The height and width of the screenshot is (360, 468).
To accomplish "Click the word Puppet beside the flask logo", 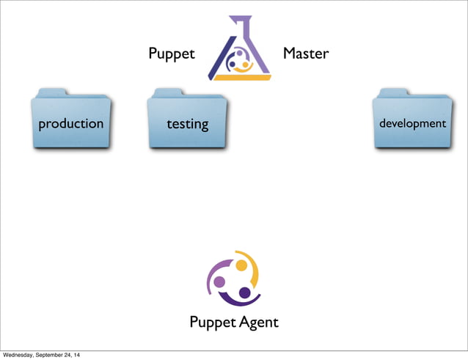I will click(171, 55).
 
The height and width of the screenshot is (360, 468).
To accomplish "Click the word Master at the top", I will click(306, 54).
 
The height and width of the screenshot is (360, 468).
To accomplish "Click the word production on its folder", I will click(71, 124).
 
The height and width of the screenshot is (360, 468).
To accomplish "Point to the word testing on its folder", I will click(187, 125).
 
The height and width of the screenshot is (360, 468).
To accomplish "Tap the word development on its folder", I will click(412, 124).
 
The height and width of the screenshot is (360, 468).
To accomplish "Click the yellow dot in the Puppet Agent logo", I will click(241, 266).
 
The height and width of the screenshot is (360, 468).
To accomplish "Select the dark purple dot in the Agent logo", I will click(245, 293).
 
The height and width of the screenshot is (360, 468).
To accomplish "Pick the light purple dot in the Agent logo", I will click(219, 282).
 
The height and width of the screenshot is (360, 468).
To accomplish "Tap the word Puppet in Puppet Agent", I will click(211, 323).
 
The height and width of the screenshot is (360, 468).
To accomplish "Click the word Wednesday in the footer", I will click(20, 356).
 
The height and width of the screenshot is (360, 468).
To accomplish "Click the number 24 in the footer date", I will click(77, 356).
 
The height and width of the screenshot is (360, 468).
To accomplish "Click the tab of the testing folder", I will click(171, 92).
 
